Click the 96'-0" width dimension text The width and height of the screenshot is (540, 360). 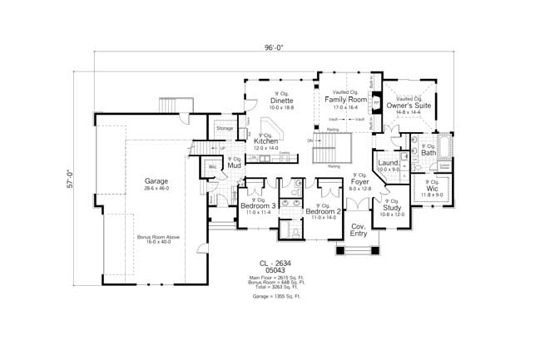click(x=275, y=48)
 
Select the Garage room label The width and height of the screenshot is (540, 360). click(x=156, y=180)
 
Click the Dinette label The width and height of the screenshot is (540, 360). click(x=282, y=101)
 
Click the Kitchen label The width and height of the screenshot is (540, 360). click(x=265, y=141)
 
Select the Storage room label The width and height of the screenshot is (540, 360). click(x=225, y=129)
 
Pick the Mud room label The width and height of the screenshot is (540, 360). click(x=235, y=165)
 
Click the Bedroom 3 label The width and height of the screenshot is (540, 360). click(x=258, y=206)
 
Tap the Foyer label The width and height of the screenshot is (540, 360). click(x=359, y=181)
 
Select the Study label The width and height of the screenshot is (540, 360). click(x=392, y=207)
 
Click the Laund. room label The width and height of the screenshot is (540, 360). click(x=388, y=163)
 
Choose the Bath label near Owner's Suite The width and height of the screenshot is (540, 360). click(x=429, y=153)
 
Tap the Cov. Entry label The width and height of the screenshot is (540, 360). click(x=359, y=230)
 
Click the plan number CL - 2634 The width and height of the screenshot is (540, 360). click(x=275, y=262)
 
